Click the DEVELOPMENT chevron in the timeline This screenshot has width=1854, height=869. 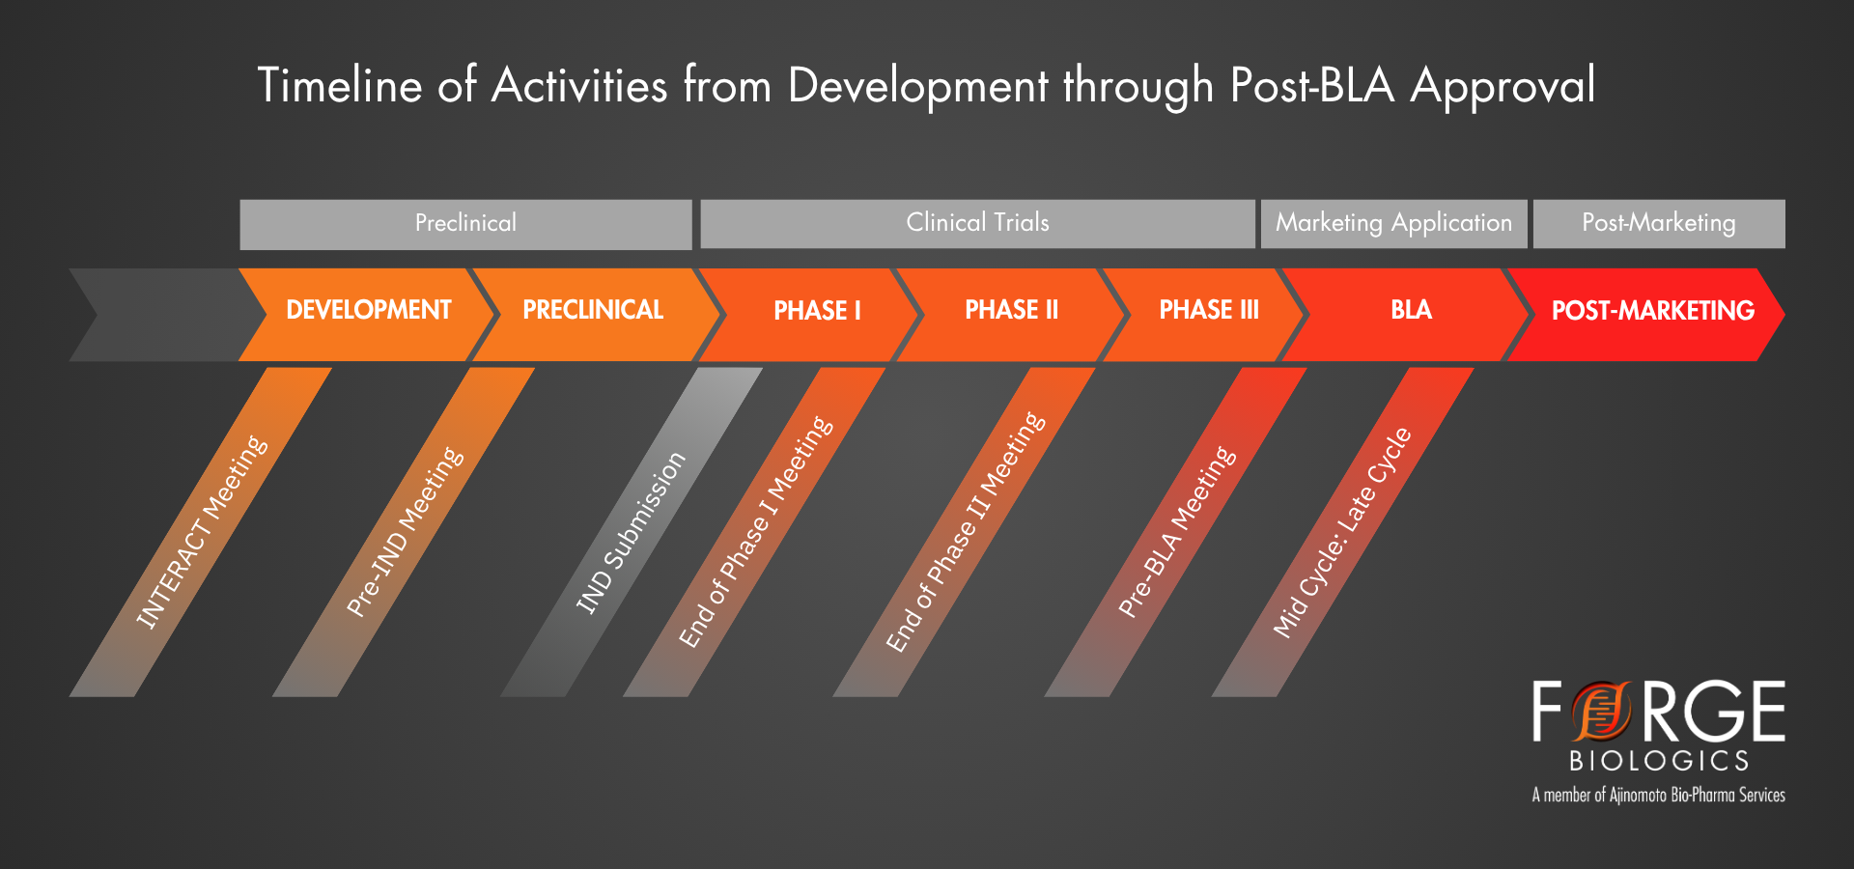point(368,311)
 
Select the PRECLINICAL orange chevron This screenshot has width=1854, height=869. point(593,311)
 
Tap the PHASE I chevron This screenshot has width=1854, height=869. point(816,311)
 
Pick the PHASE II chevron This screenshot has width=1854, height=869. point(1011,311)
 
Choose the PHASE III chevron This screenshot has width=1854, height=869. point(1208,311)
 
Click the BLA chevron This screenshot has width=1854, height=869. point(1411,311)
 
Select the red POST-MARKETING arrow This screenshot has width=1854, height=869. point(1651,311)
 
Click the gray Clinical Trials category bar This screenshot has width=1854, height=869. point(977,223)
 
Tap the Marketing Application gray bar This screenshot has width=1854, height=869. point(1393,223)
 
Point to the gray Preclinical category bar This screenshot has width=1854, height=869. point(465,223)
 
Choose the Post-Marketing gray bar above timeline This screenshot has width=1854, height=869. point(1658,223)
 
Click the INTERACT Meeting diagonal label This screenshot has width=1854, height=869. point(201,532)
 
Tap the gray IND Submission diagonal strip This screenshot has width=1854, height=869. point(631,532)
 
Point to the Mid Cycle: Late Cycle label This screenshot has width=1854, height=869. point(1342,532)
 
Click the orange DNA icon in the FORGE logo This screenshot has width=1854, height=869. point(1600,712)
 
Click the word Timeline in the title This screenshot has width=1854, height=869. point(340,85)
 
